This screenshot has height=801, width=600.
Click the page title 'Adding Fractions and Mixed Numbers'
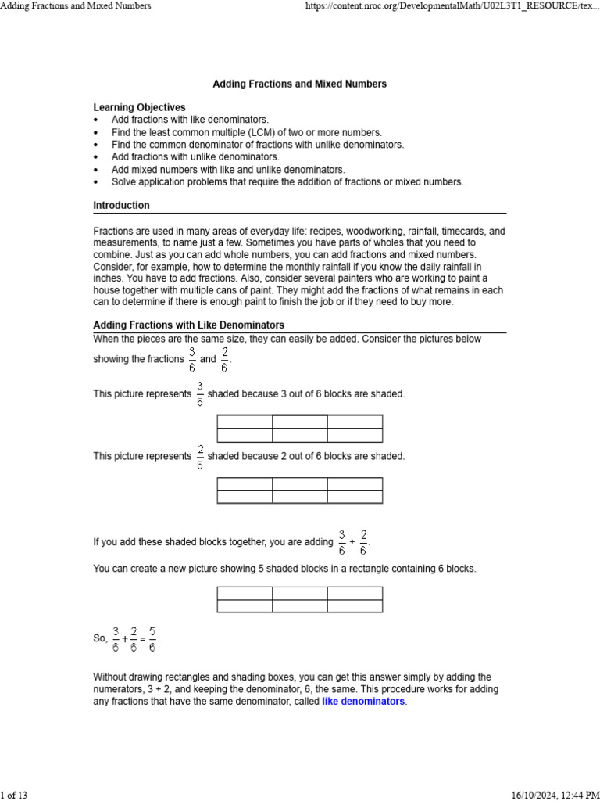pyautogui.click(x=299, y=84)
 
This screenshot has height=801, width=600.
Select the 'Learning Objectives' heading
pyautogui.click(x=139, y=107)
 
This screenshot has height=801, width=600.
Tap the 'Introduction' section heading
pyautogui.click(x=121, y=206)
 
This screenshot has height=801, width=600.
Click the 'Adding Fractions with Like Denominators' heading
pyautogui.click(x=188, y=325)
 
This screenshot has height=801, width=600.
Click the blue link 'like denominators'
pyautogui.click(x=363, y=702)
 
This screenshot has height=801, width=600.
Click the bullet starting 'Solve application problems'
pyautogui.click(x=287, y=181)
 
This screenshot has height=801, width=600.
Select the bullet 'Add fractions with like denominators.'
pyautogui.click(x=190, y=120)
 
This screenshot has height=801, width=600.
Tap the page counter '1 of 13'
pyautogui.click(x=14, y=796)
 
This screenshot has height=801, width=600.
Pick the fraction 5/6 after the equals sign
pyautogui.click(x=152, y=638)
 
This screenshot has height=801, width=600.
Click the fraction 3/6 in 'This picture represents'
pyautogui.click(x=199, y=393)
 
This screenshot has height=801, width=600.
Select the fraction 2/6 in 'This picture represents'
pyautogui.click(x=199, y=455)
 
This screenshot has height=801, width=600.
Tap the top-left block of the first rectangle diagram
pyautogui.click(x=245, y=422)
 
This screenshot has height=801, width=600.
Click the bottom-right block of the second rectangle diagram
pyautogui.click(x=355, y=497)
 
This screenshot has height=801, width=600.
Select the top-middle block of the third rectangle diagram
pyautogui.click(x=300, y=593)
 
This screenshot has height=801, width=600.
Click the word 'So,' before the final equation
pyautogui.click(x=100, y=638)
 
